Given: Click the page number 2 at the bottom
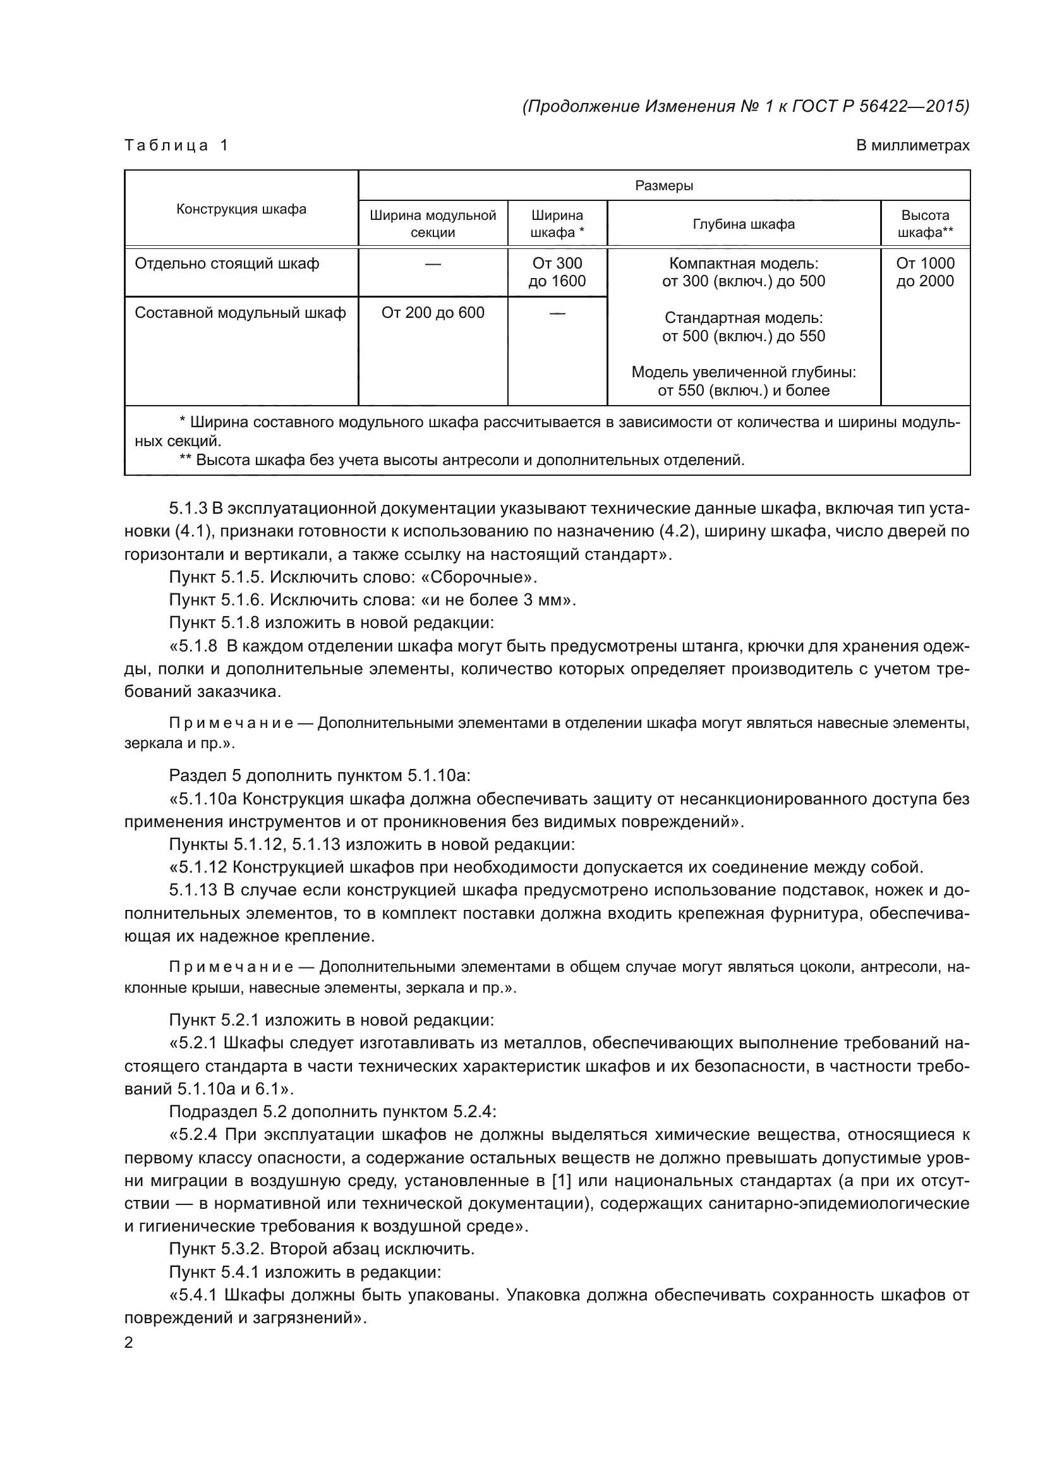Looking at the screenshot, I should click(x=129, y=1343).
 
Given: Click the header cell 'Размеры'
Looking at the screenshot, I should click(x=663, y=186).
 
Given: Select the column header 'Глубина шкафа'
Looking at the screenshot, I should click(x=743, y=224).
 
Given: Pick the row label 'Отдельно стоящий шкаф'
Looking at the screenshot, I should click(x=227, y=263).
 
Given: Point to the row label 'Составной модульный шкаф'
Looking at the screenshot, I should click(x=240, y=313).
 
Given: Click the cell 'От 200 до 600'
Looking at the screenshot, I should click(x=432, y=313).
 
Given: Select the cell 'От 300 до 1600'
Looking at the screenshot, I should click(x=557, y=272).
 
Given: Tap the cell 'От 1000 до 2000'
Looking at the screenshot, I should click(x=925, y=272).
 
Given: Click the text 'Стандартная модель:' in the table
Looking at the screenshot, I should click(x=743, y=318).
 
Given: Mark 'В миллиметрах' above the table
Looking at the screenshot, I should click(x=912, y=145).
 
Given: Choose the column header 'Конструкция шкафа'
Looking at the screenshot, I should click(x=241, y=209).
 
